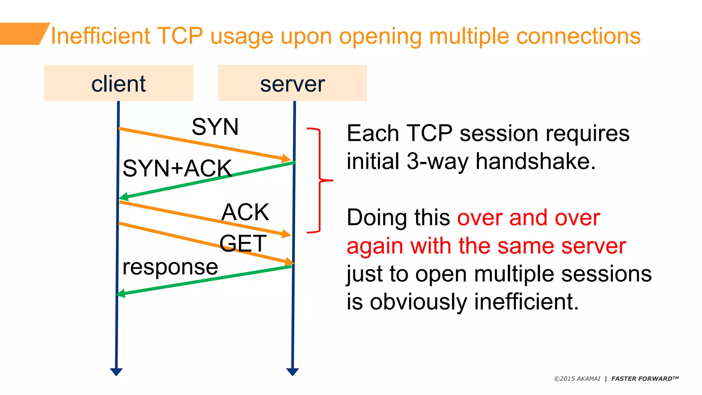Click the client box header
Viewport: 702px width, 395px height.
point(118,83)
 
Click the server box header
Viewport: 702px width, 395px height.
point(292,83)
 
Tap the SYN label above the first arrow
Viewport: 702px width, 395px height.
point(215,127)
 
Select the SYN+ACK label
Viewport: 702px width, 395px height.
point(177,168)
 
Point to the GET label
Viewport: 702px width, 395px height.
point(243,243)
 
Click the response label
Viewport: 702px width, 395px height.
point(170,267)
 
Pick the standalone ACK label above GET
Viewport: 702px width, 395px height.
point(245,212)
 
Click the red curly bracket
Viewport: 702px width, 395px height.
point(320,180)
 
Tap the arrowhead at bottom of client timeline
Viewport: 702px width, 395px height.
point(116,372)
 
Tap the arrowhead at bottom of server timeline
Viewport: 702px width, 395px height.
point(292,372)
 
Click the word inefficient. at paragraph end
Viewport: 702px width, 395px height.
point(526,302)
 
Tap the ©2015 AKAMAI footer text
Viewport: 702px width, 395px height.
point(577,379)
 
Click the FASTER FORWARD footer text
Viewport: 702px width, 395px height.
point(644,379)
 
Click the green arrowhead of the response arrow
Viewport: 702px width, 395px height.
point(121,294)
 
